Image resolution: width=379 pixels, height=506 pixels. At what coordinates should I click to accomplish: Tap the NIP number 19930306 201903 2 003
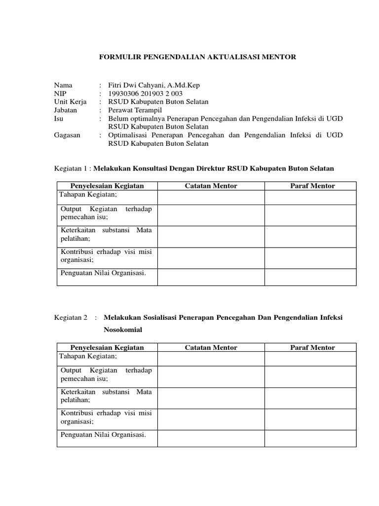pos(147,93)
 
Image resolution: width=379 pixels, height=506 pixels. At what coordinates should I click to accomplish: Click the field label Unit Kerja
pos(71,102)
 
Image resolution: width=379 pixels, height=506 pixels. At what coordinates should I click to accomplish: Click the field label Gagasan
pos(68,135)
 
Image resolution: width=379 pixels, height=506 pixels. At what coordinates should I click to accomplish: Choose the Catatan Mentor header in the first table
pos(211,186)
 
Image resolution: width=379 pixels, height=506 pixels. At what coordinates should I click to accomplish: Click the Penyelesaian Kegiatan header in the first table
pos(107,186)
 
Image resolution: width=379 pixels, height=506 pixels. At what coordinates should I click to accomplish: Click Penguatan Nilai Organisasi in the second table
pos(103,435)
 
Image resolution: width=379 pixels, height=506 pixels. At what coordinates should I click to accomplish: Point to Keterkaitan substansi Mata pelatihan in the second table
pos(106,395)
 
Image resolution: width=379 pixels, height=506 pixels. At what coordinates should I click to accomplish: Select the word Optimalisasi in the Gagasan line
pos(130,135)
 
